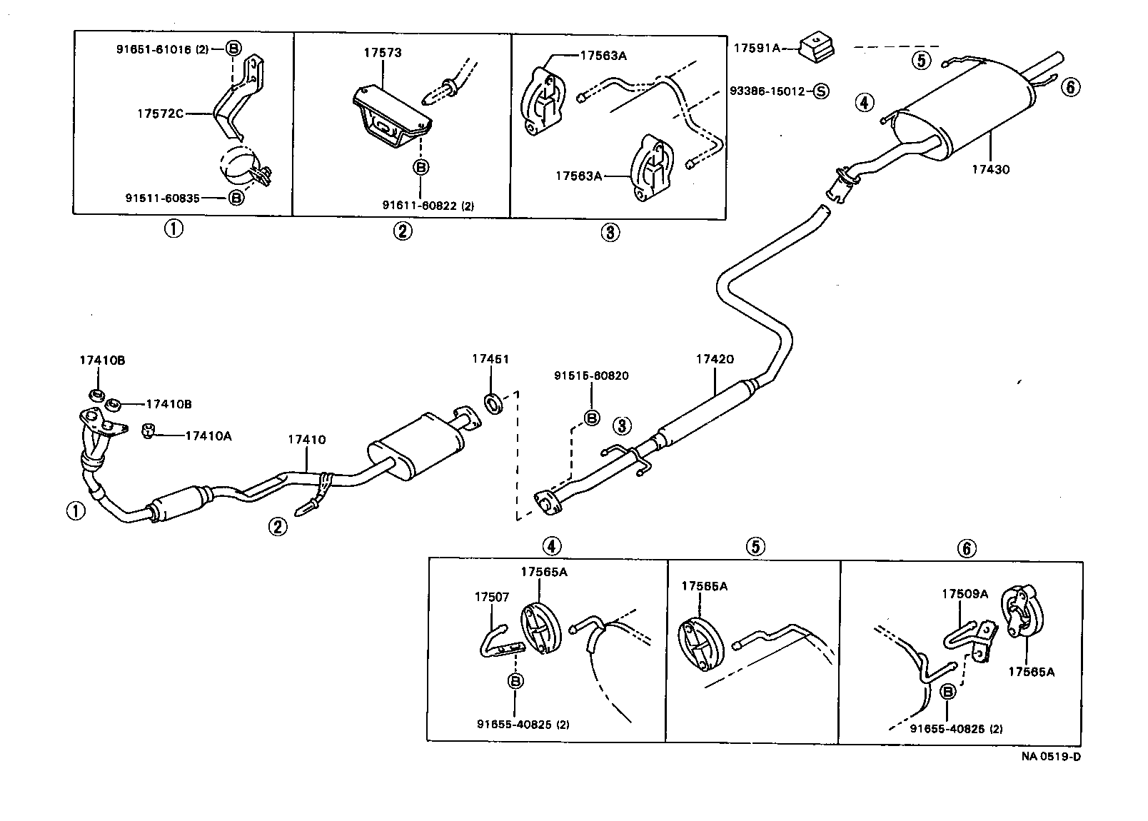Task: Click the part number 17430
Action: [x=990, y=170]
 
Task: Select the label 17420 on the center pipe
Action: [x=715, y=359]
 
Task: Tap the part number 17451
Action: [x=490, y=359]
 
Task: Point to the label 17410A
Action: [x=208, y=435]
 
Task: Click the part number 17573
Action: [x=382, y=53]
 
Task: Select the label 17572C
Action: [x=161, y=113]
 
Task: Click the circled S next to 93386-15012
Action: [x=820, y=91]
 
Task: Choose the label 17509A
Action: [x=965, y=593]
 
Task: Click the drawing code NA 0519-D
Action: [x=1049, y=757]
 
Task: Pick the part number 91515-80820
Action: [x=592, y=376]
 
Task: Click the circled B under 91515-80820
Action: [x=592, y=418]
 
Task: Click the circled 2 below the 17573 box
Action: [x=403, y=231]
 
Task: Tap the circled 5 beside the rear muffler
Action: [x=921, y=61]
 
